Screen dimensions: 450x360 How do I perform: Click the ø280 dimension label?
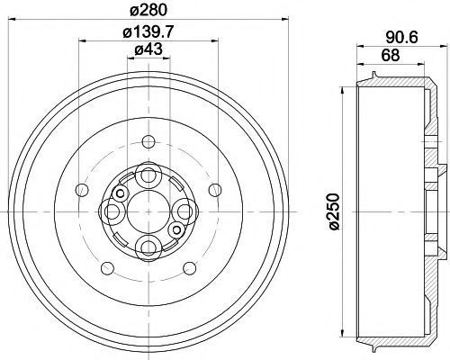pyautogui.click(x=148, y=11)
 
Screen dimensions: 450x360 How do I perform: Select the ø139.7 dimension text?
pyautogui.click(x=148, y=31)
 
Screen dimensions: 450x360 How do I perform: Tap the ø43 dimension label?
pyautogui.click(x=148, y=49)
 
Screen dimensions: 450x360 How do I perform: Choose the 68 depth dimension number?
pyautogui.click(x=391, y=55)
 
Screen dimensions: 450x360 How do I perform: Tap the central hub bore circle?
pyautogui.click(x=148, y=211)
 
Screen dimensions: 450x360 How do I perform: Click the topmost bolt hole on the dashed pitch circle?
pyautogui.click(x=148, y=142)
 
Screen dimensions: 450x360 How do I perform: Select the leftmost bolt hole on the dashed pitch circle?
pyautogui.click(x=82, y=190)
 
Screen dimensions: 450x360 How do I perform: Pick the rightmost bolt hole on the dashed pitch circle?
pyautogui.click(x=215, y=190)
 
